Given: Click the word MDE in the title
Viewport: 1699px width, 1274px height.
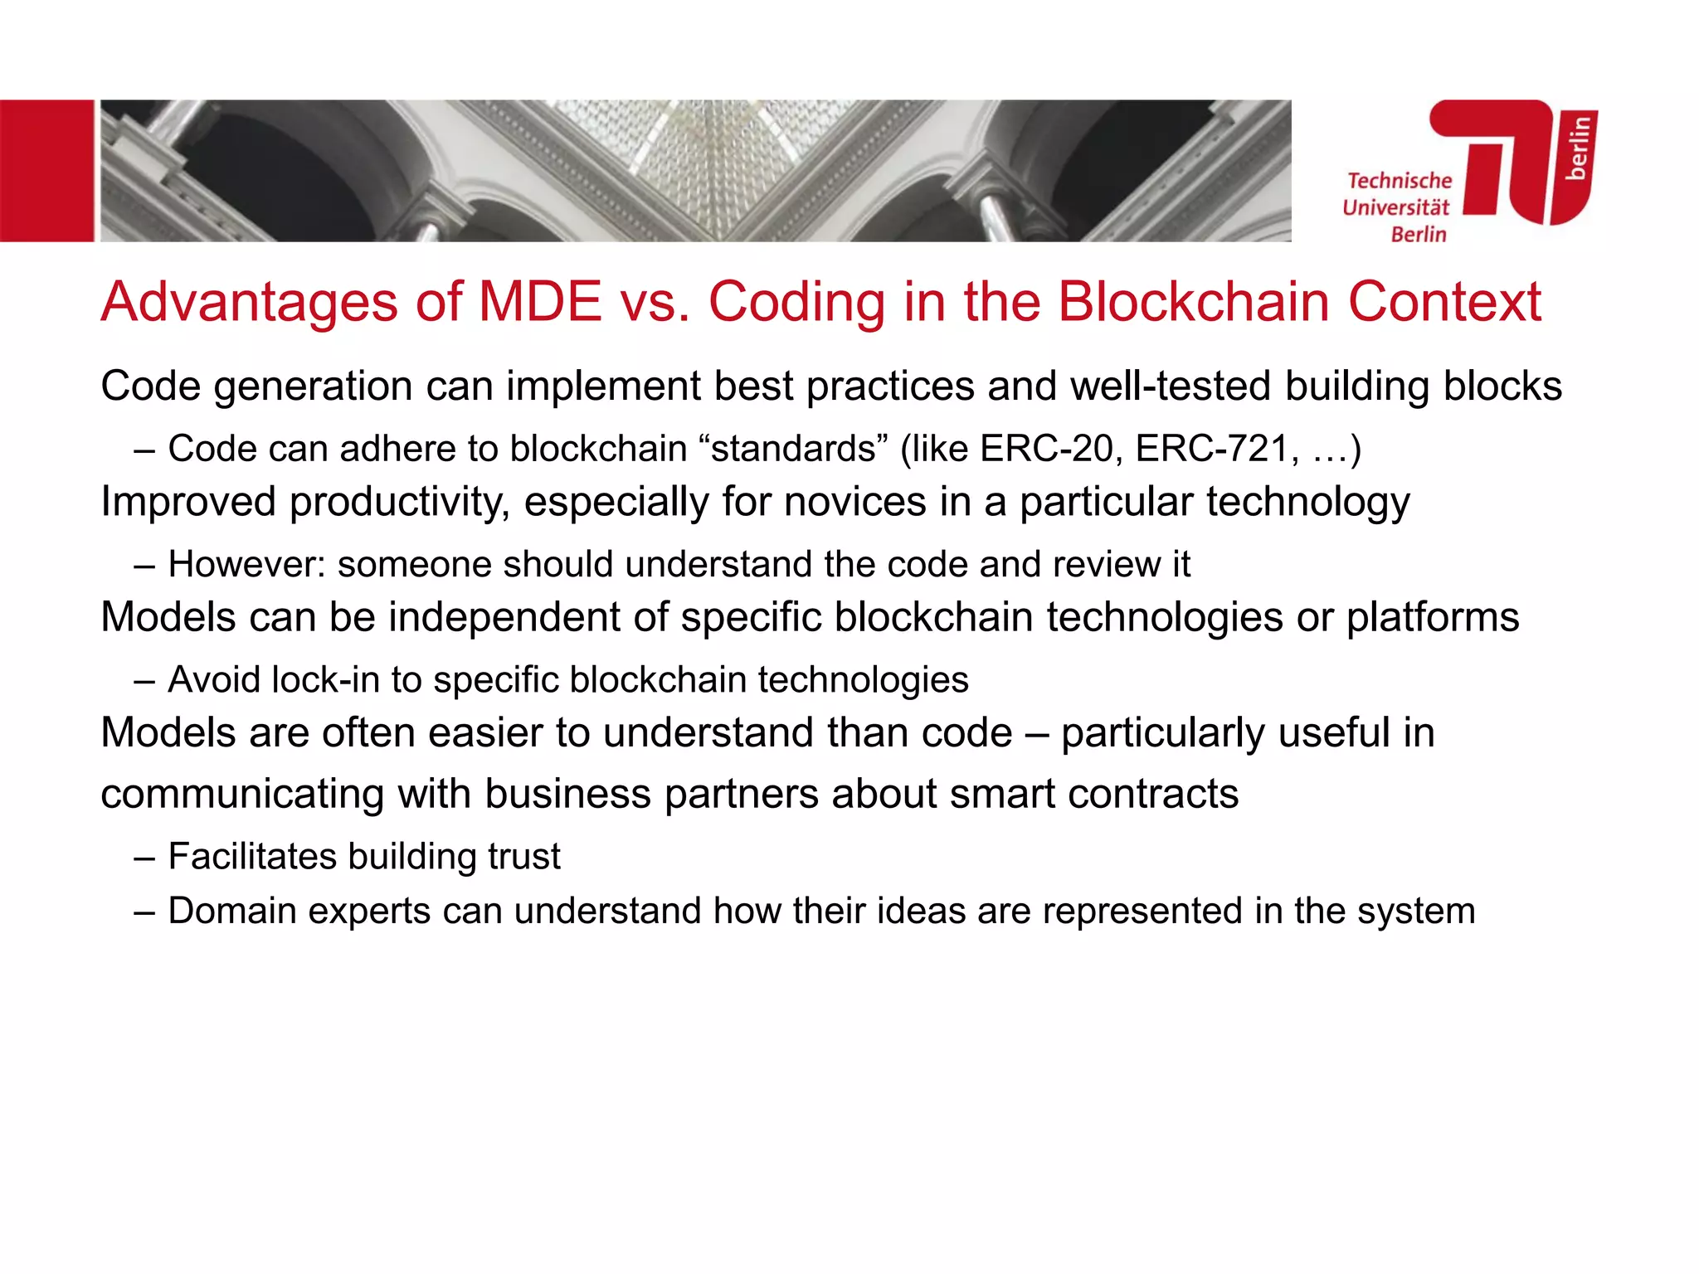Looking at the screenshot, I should [x=540, y=302].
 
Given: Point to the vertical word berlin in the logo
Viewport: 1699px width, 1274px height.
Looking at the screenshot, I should [x=1578, y=148].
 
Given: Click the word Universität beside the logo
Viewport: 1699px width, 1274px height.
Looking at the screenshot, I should [x=1396, y=207].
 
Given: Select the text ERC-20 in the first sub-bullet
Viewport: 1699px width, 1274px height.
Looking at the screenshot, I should [x=1046, y=449].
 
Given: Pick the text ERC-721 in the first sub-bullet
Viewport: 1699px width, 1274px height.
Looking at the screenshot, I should [x=1212, y=449].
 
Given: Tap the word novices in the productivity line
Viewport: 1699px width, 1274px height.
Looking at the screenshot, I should [x=854, y=502].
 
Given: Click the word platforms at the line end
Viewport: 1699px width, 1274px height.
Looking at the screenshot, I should [x=1433, y=618].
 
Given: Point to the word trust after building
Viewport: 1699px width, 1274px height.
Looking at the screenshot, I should [x=524, y=857].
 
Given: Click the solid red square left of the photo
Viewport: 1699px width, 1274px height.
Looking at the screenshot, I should [x=46, y=171].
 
